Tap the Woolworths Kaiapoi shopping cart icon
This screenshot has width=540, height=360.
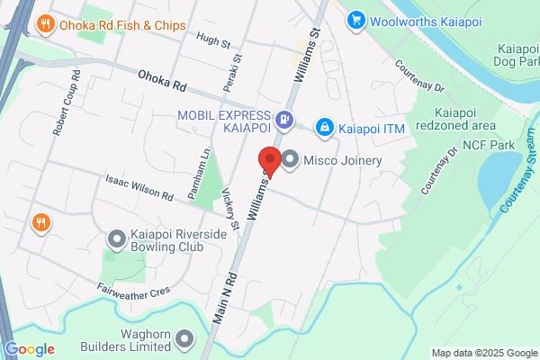tap(357, 19)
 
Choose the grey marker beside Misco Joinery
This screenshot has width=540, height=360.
tap(291, 160)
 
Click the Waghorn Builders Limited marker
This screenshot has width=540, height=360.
tap(185, 339)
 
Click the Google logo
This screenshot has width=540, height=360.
tap(30, 349)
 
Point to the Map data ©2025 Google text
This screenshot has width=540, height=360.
tap(483, 352)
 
